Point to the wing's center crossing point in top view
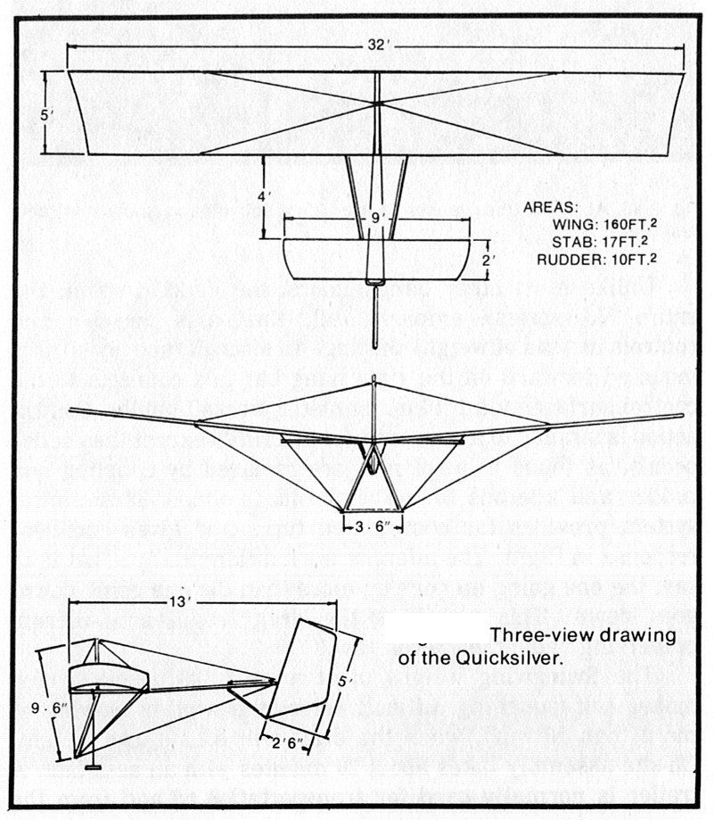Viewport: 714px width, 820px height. [377, 104]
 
